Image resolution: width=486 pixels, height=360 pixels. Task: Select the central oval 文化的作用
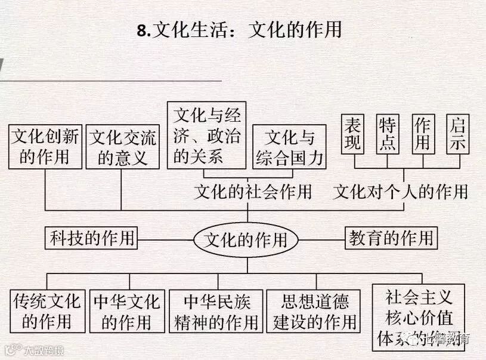pyautogui.click(x=246, y=240)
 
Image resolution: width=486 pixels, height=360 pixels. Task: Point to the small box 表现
pyautogui.click(x=353, y=134)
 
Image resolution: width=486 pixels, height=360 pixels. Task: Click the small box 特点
pyautogui.click(x=387, y=134)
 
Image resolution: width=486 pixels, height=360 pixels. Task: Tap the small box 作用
pyautogui.click(x=422, y=134)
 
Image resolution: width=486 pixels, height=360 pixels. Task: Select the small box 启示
pyautogui.click(x=457, y=134)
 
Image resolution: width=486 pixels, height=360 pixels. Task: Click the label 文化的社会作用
pyautogui.click(x=253, y=192)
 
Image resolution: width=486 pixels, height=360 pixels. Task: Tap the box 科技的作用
pyautogui.click(x=92, y=238)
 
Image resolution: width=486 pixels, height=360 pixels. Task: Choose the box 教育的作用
pyautogui.click(x=391, y=238)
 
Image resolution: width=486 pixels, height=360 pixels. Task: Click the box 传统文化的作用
pyautogui.click(x=46, y=310)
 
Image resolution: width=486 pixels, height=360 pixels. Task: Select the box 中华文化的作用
pyautogui.click(x=126, y=310)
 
